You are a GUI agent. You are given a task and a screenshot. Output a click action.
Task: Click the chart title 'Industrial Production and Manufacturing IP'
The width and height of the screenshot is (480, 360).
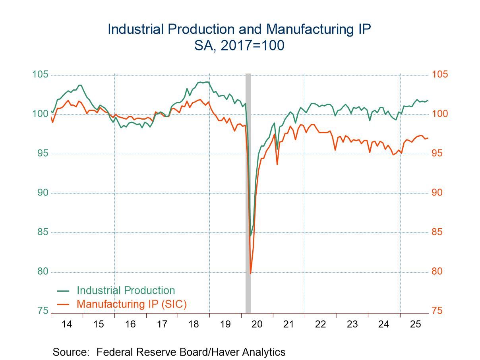point(240,29)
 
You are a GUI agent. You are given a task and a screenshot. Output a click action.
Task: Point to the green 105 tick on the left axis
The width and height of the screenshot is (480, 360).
point(41,75)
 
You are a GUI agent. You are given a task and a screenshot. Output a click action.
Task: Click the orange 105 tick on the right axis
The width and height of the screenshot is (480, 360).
point(439,75)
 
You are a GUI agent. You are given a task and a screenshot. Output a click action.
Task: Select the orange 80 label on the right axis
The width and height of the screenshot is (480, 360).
point(437,272)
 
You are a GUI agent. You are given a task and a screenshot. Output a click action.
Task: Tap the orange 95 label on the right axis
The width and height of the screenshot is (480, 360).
point(437,154)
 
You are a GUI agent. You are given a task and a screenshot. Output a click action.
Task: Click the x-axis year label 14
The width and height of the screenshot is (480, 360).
point(67,324)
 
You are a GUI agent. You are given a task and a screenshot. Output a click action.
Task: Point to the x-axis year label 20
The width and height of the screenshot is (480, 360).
point(257,324)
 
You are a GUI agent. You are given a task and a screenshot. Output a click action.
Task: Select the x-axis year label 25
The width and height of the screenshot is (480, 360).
point(415,324)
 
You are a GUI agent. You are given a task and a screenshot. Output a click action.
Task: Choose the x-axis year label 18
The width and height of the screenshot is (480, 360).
point(194,324)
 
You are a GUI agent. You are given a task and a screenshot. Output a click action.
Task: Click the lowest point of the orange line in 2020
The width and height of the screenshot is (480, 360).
point(250,273)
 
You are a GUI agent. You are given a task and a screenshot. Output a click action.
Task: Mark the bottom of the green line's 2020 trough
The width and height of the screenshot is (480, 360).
point(250,236)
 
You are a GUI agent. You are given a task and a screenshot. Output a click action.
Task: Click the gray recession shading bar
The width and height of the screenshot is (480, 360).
point(248,191)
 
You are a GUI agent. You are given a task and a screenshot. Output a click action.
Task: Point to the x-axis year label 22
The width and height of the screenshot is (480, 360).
point(320,324)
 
